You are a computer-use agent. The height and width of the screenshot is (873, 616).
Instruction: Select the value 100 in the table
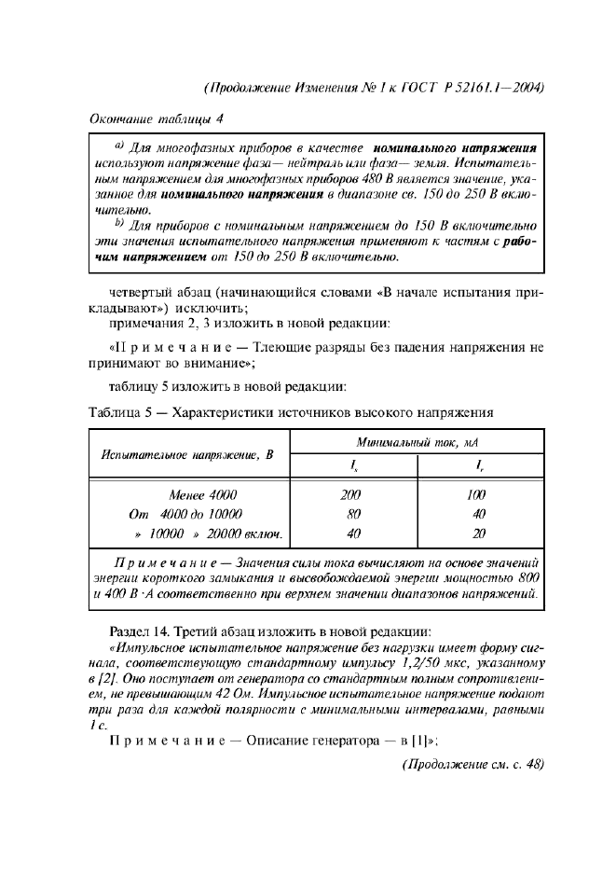coord(477,495)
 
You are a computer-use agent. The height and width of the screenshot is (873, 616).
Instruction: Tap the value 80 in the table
coord(353,514)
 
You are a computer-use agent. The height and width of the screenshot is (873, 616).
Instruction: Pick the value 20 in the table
coord(477,533)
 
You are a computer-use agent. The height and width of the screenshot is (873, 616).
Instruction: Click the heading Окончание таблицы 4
coord(156,118)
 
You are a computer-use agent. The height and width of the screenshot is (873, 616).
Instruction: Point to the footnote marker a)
coord(119,146)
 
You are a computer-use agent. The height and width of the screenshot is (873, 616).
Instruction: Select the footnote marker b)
coord(119,224)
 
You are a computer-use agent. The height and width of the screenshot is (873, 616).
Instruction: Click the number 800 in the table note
coord(528,578)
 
